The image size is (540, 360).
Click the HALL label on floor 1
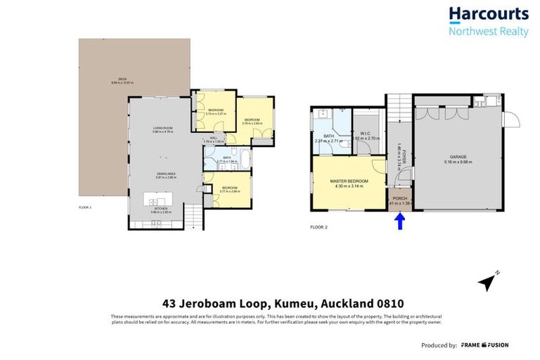pos(212,139)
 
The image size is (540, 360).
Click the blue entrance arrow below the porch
pos(399,222)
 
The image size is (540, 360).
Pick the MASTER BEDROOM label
pos(349,182)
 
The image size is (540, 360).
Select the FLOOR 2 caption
pos(319,227)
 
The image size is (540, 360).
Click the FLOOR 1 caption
pos(86,207)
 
